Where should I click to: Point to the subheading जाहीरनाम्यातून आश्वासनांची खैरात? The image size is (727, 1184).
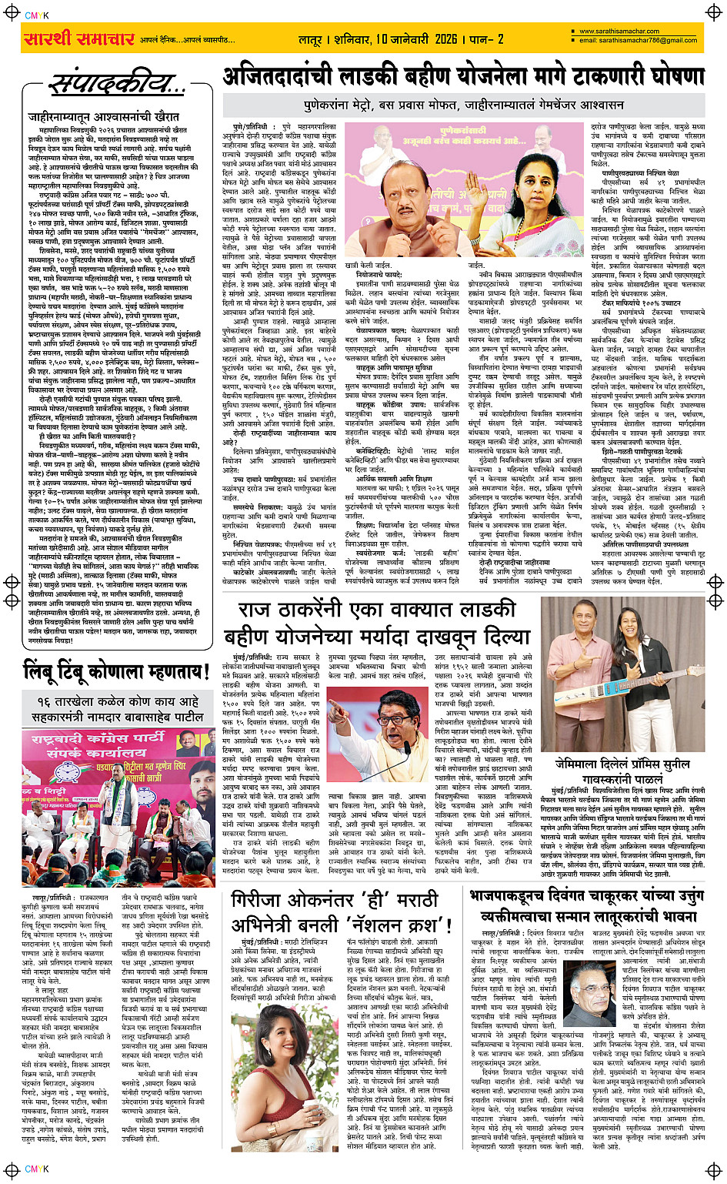pos(104,116)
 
